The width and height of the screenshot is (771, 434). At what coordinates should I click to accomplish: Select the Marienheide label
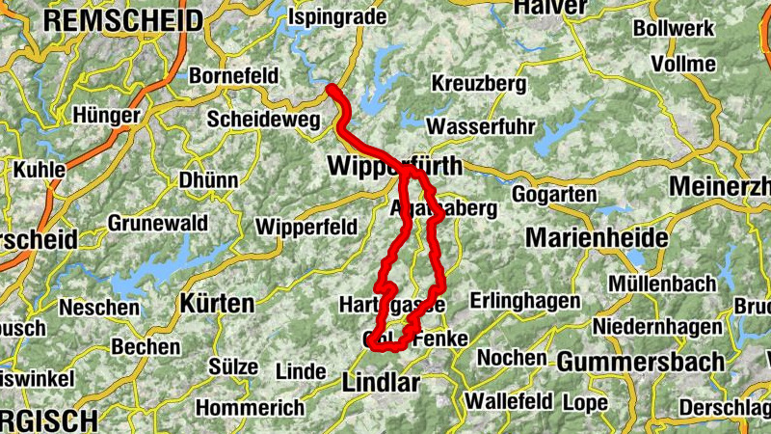[597, 237]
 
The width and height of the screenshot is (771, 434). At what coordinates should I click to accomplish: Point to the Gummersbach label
[641, 363]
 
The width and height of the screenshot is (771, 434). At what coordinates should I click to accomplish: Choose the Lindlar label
[382, 383]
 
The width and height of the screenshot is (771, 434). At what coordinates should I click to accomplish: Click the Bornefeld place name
[234, 74]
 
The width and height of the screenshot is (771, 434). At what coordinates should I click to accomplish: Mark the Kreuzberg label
[479, 84]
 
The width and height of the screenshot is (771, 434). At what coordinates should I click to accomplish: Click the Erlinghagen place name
[524, 301]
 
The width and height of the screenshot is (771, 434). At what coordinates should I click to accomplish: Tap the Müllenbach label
[662, 284]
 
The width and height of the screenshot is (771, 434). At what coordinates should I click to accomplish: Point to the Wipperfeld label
[306, 227]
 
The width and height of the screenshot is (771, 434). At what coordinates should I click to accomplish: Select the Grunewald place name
[157, 223]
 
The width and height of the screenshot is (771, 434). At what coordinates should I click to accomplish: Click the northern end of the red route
[332, 90]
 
